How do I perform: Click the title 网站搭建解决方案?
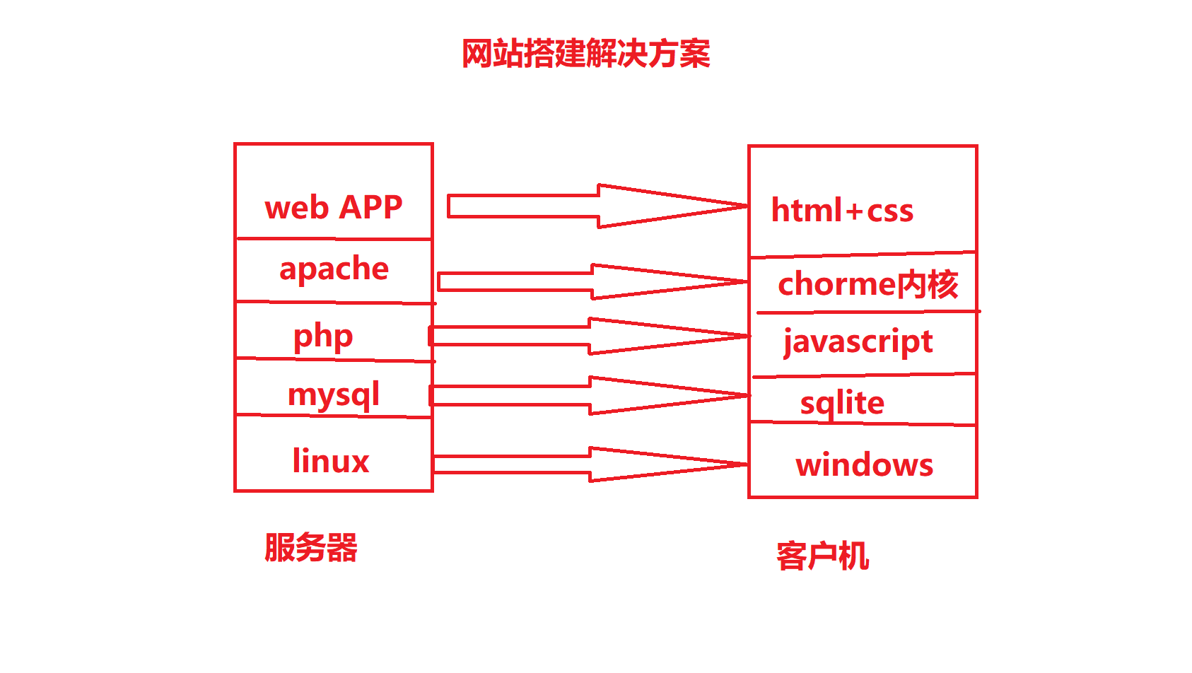(585, 54)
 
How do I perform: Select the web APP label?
(333, 207)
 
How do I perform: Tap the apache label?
(334, 269)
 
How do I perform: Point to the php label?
(323, 336)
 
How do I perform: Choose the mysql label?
(333, 394)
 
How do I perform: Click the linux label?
(330, 461)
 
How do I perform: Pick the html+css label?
(842, 211)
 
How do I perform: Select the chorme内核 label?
(867, 284)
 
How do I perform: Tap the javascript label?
(858, 342)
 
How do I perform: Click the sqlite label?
(842, 403)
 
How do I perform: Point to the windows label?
(864, 465)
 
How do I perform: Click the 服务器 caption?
(311, 548)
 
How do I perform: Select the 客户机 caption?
(822, 556)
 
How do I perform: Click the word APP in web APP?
(370, 207)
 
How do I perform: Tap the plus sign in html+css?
(854, 211)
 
